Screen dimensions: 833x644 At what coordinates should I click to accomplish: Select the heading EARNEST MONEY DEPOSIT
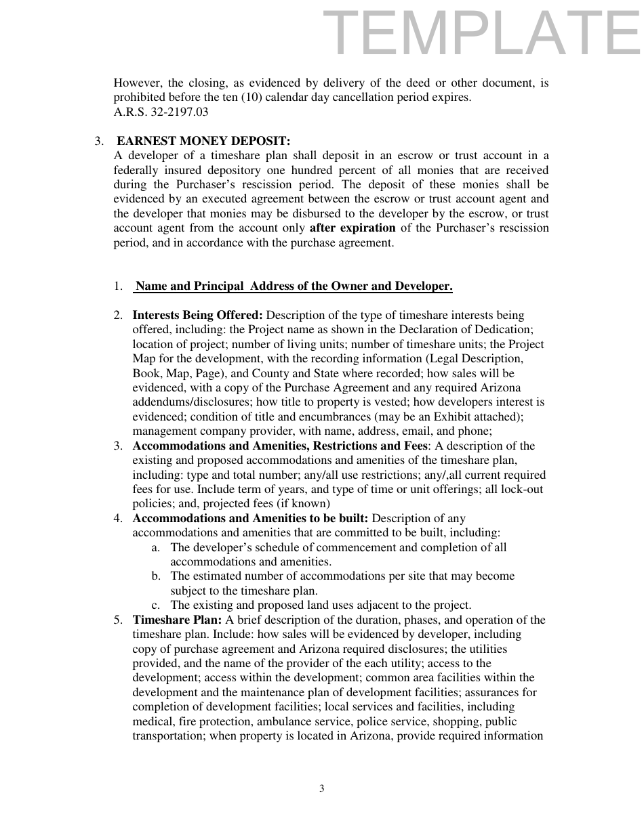click(203, 141)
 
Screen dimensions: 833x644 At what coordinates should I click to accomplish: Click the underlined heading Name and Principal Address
click(294, 286)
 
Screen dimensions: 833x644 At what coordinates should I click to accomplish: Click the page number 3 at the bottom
click(322, 788)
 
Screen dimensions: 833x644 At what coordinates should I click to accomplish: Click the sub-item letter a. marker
click(156, 548)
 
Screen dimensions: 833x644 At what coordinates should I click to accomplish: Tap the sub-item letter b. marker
click(156, 576)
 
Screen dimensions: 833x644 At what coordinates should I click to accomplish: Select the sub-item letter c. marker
click(156, 605)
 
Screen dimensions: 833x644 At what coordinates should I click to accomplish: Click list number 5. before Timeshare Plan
click(118, 620)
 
